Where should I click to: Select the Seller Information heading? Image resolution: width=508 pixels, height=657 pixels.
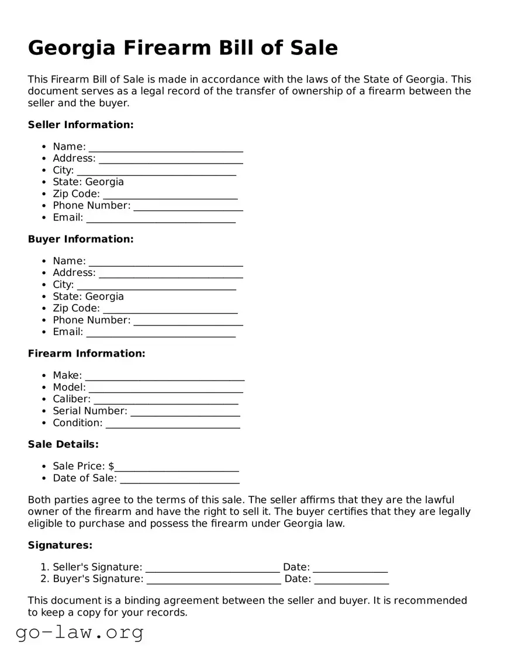(81, 125)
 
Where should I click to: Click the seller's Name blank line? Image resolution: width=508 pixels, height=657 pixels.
(165, 147)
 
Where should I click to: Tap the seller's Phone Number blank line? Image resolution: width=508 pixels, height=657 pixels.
(188, 206)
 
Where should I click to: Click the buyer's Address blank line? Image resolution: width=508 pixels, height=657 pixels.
(171, 274)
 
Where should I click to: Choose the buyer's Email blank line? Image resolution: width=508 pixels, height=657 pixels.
(161, 333)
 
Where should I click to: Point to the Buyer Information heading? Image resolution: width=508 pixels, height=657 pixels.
(81, 239)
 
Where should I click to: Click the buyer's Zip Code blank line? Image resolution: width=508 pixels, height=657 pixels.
(170, 309)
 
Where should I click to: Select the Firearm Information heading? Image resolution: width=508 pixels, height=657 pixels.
(87, 354)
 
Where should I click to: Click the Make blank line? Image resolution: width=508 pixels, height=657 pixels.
(164, 376)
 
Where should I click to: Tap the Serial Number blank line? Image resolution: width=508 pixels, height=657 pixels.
(185, 412)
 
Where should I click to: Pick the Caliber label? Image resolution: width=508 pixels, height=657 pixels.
(71, 399)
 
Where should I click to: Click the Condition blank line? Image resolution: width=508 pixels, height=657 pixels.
(172, 424)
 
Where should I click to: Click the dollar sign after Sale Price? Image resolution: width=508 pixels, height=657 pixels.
(111, 466)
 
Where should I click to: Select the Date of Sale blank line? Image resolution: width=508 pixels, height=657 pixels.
(179, 479)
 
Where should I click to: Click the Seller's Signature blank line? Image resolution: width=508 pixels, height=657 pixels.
(212, 568)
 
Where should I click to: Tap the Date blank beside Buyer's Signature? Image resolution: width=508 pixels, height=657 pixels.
(351, 580)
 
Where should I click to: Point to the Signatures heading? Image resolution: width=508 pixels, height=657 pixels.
(60, 545)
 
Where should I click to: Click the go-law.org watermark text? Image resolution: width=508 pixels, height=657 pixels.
(80, 632)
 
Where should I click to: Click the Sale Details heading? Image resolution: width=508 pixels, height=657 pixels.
(63, 444)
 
